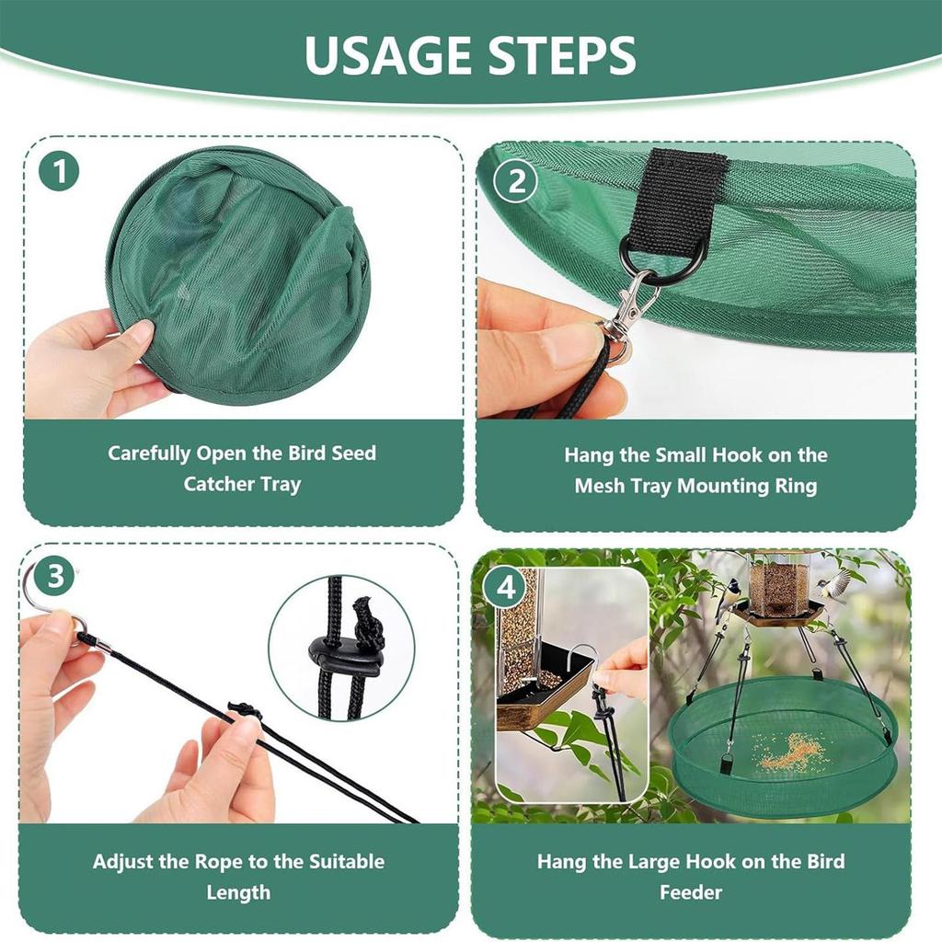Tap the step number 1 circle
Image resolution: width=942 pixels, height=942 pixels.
pos(59,173)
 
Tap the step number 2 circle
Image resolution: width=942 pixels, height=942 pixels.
pos(516,180)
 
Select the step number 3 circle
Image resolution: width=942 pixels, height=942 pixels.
pos(57,577)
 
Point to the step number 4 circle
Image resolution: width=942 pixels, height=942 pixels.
pos(508,587)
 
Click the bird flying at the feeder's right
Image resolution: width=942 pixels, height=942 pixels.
pos(835,585)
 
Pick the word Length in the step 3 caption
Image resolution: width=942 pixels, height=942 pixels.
pos(238,892)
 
